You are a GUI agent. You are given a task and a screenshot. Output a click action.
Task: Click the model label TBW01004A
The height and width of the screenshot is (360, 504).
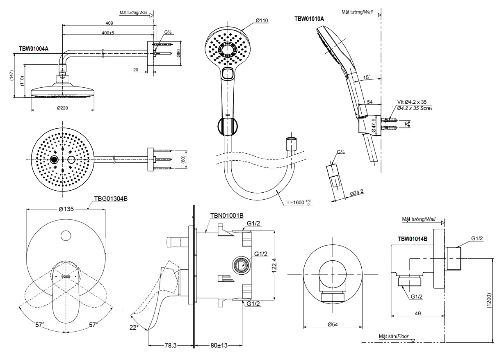[34, 48]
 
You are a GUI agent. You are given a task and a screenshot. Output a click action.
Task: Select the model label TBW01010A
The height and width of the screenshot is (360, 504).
[309, 18]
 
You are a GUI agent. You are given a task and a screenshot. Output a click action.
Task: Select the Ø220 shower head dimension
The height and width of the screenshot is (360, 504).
[62, 108]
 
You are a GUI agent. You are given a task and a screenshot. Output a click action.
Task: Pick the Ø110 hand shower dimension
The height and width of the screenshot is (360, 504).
[262, 20]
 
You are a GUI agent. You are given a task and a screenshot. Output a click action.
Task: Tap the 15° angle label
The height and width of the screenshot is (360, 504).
[366, 77]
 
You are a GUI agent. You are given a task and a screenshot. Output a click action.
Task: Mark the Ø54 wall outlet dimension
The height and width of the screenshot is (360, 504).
[332, 324]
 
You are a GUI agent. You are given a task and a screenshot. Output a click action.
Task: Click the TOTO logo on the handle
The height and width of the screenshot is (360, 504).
[66, 277]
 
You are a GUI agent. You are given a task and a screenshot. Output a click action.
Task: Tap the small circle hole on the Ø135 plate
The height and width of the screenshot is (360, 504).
[66, 236]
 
